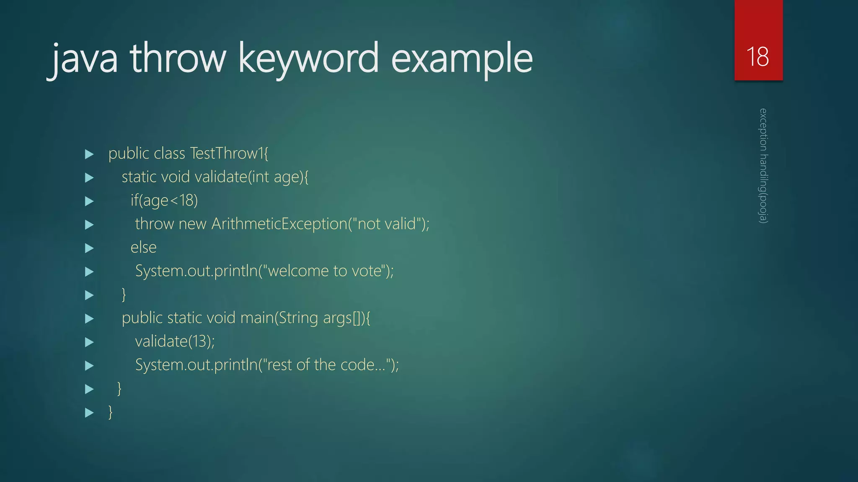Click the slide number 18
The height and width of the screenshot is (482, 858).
coord(757,56)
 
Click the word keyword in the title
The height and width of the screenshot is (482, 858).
coord(308,59)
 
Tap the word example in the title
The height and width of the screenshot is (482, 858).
coord(462,59)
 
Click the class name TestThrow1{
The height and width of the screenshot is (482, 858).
coord(229,154)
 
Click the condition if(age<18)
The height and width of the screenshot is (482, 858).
coord(164,200)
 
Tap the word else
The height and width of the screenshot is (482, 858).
coord(144,247)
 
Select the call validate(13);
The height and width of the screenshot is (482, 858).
coord(175,341)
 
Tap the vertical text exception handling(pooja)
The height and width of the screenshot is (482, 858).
coord(763,166)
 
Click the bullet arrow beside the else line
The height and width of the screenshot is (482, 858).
coord(89,248)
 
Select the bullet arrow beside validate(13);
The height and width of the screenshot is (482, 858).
coord(89,342)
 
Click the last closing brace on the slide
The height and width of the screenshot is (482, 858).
coord(111,412)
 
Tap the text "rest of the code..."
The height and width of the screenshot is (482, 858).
coord(326,365)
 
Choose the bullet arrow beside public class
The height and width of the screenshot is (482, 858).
coord(89,154)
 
